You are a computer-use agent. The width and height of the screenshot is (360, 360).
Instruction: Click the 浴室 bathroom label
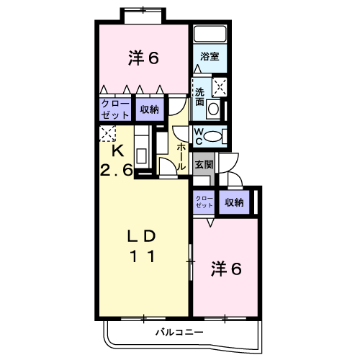coord(210,57)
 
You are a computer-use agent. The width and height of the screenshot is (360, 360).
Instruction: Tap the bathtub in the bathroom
coord(210,34)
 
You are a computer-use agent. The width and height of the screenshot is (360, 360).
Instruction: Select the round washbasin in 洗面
coord(213,109)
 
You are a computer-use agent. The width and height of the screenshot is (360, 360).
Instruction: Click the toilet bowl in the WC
coord(213,137)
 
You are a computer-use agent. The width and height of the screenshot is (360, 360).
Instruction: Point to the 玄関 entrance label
coord(204,165)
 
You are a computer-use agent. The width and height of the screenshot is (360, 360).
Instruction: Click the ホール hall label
coord(181,157)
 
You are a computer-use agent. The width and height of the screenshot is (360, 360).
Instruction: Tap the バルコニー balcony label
coord(179,333)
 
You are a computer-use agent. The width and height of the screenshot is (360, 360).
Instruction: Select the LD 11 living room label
coord(142,246)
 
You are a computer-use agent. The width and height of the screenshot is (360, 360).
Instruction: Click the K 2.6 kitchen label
coord(117,161)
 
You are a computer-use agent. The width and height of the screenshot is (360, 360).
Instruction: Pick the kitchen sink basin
coord(141,156)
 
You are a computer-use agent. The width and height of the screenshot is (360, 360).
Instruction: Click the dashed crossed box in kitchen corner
coord(107,133)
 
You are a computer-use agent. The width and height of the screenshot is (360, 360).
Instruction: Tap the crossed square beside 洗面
coord(220,86)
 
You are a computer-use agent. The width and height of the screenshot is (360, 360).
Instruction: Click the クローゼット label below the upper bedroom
coord(115,109)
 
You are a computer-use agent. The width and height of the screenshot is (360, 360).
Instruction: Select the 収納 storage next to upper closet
coord(150,109)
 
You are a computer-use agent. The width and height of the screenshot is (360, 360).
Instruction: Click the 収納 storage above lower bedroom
coord(234,202)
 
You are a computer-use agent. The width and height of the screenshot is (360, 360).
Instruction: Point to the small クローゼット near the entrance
coord(204,202)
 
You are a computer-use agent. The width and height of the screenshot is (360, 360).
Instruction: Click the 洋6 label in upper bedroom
coord(143,58)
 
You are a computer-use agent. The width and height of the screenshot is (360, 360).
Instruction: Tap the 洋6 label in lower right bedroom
coord(226,269)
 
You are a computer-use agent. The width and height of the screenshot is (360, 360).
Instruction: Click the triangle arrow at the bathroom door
coord(197,68)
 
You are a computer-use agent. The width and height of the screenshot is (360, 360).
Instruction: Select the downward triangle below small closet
coord(210,222)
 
